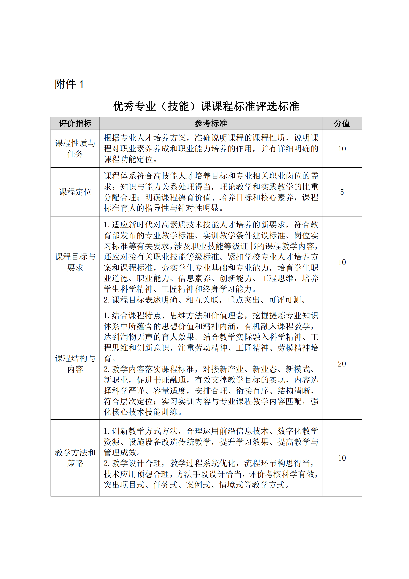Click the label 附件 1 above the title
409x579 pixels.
[x=69, y=84]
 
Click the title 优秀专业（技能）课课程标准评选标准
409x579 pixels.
[x=206, y=106]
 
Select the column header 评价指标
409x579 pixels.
[x=75, y=123]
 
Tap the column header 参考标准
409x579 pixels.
[x=210, y=123]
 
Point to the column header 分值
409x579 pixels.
[x=342, y=123]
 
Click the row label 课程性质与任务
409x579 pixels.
[x=75, y=148]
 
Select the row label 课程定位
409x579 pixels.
[x=75, y=192]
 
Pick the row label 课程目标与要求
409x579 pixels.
[x=75, y=262]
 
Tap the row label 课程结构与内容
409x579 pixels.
[x=75, y=364]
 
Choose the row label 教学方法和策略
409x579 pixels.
[x=75, y=458]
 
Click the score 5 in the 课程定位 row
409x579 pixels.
[x=342, y=192]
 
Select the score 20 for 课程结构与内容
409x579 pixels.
[x=342, y=364]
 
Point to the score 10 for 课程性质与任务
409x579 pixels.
[x=342, y=149]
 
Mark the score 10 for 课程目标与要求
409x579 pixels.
[x=342, y=262]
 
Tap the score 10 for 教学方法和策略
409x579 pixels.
[x=342, y=458]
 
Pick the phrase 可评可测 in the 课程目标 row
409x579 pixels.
[x=285, y=300]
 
